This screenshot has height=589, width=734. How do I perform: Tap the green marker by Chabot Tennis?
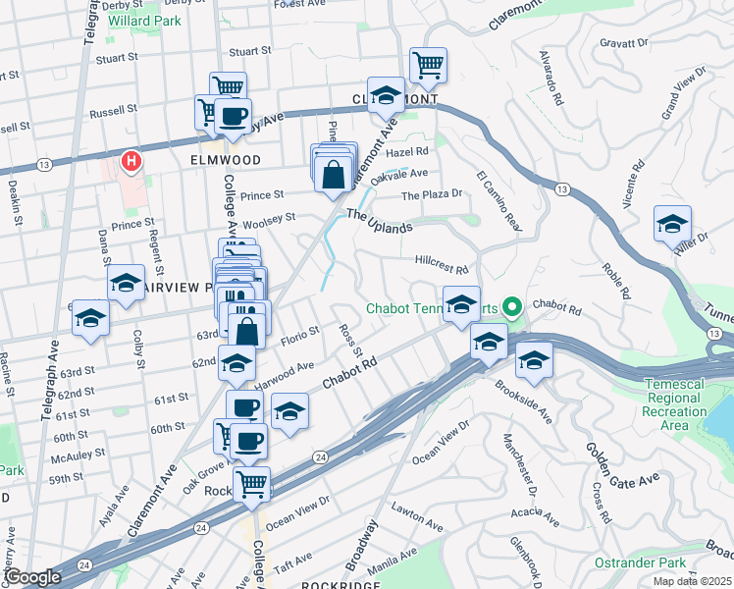click(510, 308)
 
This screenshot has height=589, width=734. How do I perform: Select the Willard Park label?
click(144, 20)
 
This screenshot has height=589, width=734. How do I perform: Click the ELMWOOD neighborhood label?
click(226, 159)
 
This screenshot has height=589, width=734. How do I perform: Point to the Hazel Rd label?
click(408, 152)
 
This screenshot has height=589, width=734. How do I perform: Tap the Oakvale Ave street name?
click(402, 173)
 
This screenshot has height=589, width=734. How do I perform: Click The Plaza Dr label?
click(431, 194)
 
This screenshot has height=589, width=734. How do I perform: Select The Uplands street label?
click(379, 221)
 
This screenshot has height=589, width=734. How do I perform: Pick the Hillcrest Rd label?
click(442, 266)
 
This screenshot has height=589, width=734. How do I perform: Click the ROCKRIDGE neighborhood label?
click(340, 584)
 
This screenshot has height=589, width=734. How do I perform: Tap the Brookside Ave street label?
click(523, 402)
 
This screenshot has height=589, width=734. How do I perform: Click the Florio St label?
click(301, 333)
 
